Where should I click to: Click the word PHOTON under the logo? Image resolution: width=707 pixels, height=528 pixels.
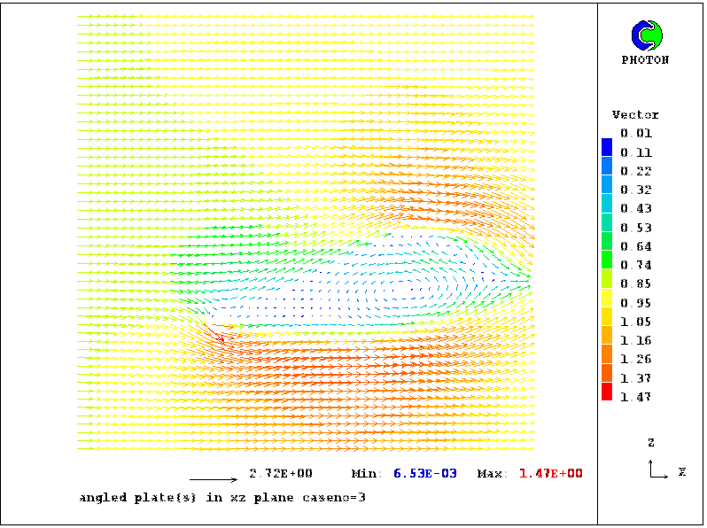(645, 60)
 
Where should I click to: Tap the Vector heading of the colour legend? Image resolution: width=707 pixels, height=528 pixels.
(635, 115)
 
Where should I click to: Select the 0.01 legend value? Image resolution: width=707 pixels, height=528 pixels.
(636, 133)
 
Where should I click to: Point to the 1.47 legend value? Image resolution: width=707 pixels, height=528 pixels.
(636, 396)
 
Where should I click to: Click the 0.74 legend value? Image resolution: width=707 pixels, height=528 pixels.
(636, 264)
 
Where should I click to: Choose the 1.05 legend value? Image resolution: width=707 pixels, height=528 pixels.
(636, 321)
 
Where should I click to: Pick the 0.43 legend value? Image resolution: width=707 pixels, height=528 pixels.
(636, 208)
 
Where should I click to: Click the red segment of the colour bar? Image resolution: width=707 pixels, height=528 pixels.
(607, 391)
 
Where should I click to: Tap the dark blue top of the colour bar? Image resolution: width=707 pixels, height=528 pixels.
(607, 145)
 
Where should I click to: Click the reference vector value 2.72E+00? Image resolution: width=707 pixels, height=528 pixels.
(281, 473)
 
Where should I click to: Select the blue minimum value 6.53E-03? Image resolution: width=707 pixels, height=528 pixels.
(428, 474)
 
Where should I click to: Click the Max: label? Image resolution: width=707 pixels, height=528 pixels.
(493, 474)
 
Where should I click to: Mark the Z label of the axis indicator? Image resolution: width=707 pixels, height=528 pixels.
(651, 442)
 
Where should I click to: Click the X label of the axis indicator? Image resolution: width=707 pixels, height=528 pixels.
(681, 471)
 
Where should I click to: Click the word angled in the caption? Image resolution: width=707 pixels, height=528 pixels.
(100, 498)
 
